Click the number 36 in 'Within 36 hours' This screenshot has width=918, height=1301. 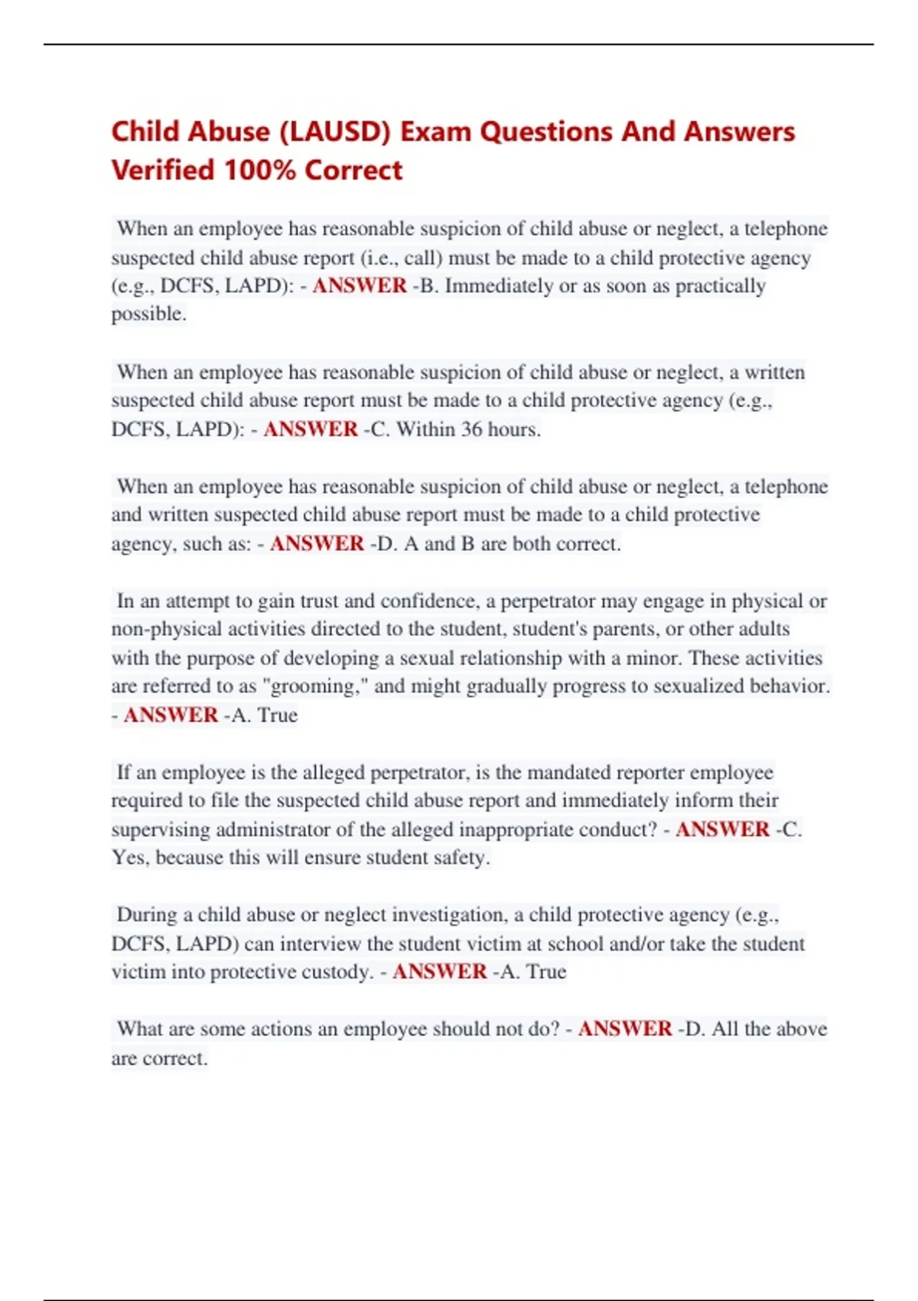(x=471, y=429)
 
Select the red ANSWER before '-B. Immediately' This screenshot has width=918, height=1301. (x=360, y=285)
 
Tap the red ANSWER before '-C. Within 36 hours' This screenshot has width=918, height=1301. (x=311, y=429)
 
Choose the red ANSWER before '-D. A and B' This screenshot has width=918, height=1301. (x=317, y=543)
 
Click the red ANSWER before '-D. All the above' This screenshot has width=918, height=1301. (x=625, y=1029)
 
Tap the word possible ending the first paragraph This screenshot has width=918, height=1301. (x=148, y=314)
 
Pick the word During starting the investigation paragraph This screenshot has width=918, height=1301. (x=147, y=915)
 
